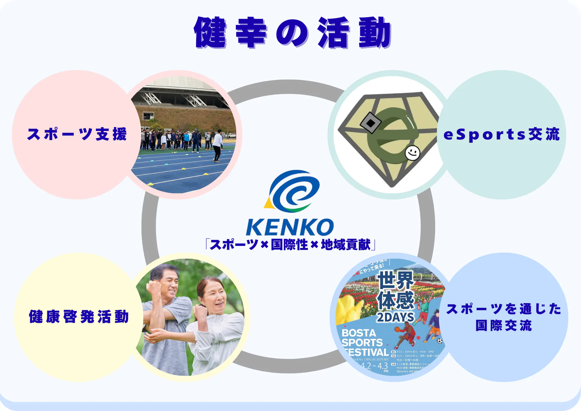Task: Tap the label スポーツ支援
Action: tap(77, 134)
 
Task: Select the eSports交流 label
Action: tap(501, 135)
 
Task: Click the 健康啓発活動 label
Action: tap(79, 317)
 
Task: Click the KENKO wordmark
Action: tap(290, 227)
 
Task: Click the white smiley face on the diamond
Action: tap(413, 153)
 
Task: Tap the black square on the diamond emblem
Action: tap(370, 123)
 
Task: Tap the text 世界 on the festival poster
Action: tap(396, 280)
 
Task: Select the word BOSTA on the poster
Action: tap(359, 333)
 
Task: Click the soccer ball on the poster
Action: tap(440, 341)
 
